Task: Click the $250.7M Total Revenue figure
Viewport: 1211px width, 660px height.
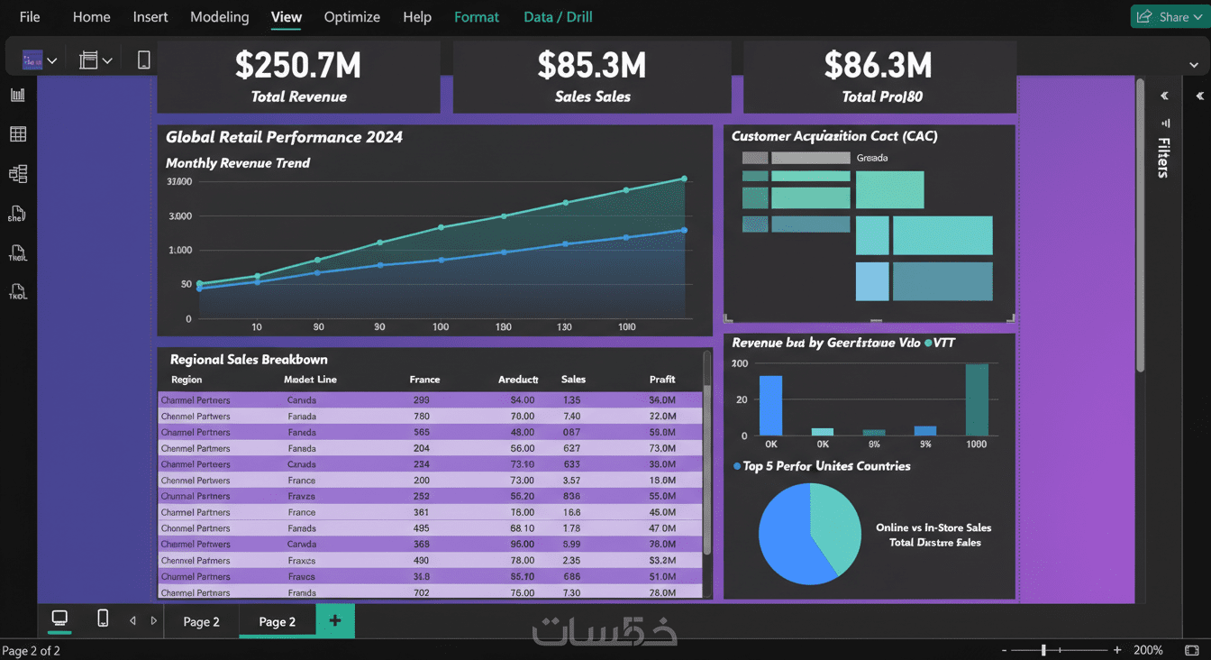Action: pos(298,66)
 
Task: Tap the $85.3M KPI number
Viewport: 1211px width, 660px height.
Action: pos(592,66)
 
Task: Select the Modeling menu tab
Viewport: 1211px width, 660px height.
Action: pos(219,17)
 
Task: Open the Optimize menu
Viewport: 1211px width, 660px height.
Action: pos(351,17)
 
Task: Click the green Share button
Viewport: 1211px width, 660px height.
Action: pos(1169,16)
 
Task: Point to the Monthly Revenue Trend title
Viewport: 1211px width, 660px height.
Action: pos(238,163)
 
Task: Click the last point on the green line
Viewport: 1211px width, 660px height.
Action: pos(684,179)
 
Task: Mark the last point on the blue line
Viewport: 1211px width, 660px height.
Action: pos(684,230)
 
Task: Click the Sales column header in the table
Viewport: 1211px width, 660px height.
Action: pos(573,380)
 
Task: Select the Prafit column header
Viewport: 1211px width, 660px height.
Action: pos(662,380)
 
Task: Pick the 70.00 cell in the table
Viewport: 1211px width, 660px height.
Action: pos(523,417)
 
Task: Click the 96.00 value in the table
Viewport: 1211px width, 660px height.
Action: pos(523,545)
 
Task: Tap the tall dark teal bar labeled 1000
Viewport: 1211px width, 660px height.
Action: pos(977,399)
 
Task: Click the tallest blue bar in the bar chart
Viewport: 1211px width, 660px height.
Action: pos(770,406)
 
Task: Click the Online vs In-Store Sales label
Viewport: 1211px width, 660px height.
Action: pos(933,527)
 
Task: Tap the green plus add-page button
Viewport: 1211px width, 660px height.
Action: pos(335,621)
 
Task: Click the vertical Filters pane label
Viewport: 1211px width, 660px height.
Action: pos(1164,158)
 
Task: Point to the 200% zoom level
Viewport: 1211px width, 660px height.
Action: pos(1148,650)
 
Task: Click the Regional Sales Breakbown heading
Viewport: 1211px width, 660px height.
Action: pos(249,360)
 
